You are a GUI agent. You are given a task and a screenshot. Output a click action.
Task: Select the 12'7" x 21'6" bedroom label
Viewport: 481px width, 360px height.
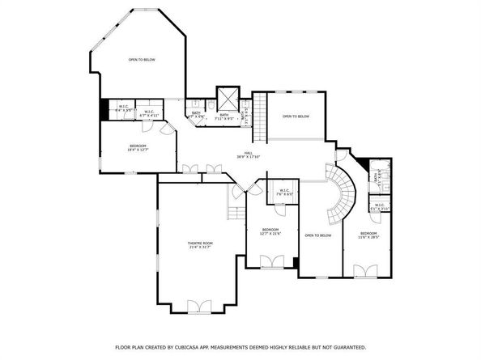point(270,231)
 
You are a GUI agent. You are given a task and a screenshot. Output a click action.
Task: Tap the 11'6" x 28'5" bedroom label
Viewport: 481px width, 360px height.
point(368,235)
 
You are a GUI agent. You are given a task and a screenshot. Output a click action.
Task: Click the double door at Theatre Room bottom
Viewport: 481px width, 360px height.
point(198,306)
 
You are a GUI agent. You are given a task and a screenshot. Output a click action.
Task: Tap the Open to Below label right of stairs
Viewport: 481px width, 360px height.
point(296,116)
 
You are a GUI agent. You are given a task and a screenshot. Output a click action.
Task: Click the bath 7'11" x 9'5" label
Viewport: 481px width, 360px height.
point(224,116)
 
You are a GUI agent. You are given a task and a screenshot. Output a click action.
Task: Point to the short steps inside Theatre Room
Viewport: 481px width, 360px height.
point(234,212)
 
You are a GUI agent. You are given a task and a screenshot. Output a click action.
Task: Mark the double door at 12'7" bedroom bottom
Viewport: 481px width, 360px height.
point(271,260)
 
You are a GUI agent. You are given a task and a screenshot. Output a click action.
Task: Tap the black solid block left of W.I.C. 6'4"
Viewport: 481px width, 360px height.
point(104,109)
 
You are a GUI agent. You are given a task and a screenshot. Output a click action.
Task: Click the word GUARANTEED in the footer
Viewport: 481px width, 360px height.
point(347,346)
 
